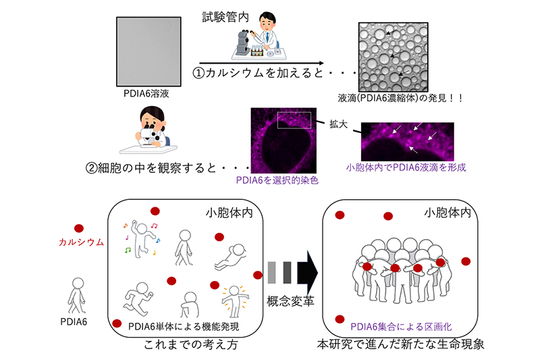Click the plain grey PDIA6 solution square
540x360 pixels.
[x=148, y=52]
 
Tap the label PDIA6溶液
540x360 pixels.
[x=146, y=94]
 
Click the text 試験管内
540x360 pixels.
[x=225, y=18]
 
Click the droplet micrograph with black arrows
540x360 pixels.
[x=394, y=57]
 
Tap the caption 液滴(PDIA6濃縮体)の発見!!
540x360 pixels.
[x=400, y=98]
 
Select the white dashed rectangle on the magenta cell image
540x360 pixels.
[x=294, y=120]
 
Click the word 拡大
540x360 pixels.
[x=339, y=124]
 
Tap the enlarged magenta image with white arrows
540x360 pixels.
[x=408, y=142]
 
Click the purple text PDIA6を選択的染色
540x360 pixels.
[x=277, y=180]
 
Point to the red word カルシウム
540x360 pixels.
[x=81, y=242]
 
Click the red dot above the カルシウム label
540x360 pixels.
[x=79, y=228]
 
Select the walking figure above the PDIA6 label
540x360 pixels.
[x=77, y=296]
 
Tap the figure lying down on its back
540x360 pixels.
[x=230, y=257]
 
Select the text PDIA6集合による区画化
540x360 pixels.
[x=401, y=327]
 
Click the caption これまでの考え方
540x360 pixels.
[x=191, y=344]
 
